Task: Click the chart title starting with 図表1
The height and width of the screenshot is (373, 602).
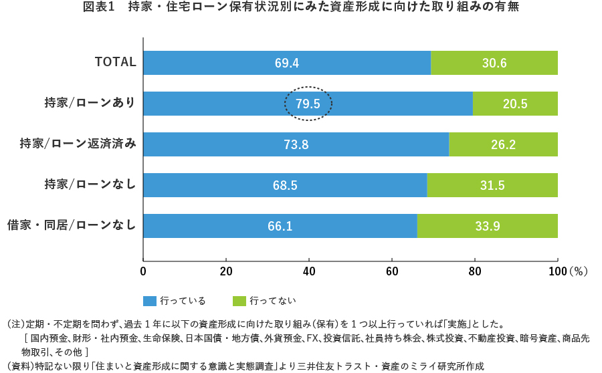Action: [301, 8]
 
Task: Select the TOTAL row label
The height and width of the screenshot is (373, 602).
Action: [115, 62]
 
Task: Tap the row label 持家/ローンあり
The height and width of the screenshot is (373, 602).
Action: [90, 103]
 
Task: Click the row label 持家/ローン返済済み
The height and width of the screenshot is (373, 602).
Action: [78, 144]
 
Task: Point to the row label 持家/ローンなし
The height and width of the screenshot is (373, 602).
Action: [90, 184]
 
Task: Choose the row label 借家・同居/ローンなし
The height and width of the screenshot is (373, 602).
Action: [71, 225]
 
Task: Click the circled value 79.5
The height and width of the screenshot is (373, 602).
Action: [308, 104]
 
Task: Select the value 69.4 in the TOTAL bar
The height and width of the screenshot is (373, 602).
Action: [286, 63]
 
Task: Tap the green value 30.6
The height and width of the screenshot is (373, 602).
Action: [494, 63]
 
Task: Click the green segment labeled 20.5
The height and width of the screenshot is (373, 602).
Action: [515, 104]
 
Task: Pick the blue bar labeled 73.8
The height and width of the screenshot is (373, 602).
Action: [296, 144]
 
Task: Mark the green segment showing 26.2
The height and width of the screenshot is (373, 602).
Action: [503, 144]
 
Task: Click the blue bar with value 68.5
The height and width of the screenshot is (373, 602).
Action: [285, 185]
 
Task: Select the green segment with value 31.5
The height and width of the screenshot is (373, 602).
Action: [492, 185]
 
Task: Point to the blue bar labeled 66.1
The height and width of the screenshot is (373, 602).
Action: [280, 226]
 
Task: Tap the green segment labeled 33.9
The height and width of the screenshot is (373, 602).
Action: [488, 226]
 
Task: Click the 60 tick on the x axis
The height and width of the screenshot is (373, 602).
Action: [392, 272]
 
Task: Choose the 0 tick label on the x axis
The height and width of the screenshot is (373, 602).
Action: [143, 272]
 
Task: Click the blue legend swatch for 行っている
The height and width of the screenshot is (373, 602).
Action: [149, 301]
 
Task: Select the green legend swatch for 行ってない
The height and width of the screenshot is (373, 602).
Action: [239, 301]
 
